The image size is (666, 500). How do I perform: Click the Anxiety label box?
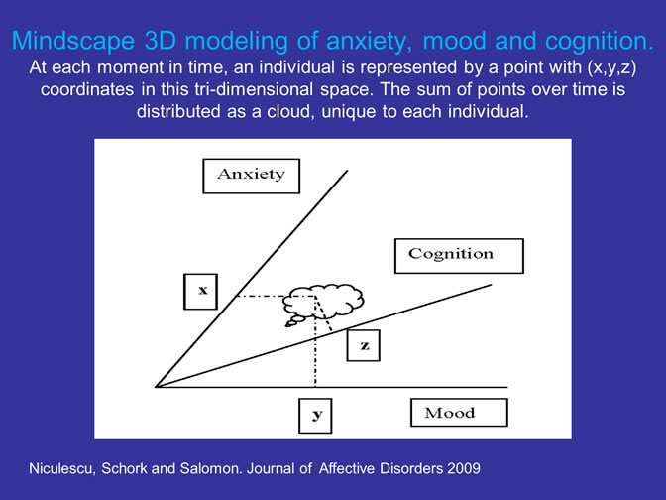point(251,176)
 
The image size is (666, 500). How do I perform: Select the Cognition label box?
point(459,256)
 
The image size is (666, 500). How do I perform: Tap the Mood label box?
point(459,413)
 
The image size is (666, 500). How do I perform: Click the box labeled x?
point(200,292)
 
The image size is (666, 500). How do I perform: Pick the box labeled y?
point(315,416)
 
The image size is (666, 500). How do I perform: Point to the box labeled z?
point(363,345)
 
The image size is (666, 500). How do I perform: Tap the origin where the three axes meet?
point(156,387)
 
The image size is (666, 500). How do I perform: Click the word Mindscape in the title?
point(73,41)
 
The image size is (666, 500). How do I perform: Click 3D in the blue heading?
point(161,41)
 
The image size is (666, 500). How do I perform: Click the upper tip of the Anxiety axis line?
point(347,171)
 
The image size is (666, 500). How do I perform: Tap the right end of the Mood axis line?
point(507,387)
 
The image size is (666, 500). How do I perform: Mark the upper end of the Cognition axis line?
point(491,285)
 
